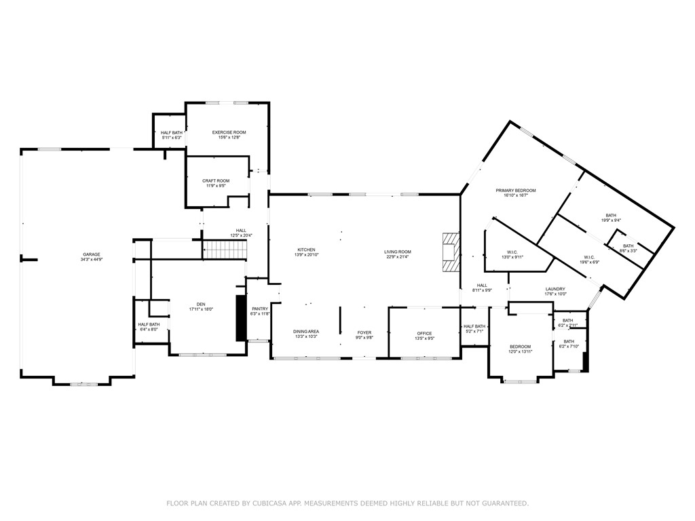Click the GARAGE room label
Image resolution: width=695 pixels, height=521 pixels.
click(x=92, y=254)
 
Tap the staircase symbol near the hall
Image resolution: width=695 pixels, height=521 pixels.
click(x=224, y=250)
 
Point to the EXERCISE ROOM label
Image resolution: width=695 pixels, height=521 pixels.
click(x=229, y=132)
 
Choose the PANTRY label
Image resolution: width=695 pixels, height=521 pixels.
click(x=260, y=309)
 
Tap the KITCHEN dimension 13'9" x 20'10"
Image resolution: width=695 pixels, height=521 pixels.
click(x=306, y=254)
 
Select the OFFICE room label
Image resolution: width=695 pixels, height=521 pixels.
click(x=425, y=333)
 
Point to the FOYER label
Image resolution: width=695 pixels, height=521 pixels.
click(x=364, y=333)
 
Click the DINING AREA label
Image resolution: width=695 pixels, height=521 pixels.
click(x=306, y=332)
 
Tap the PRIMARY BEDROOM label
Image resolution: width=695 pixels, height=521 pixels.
click(x=516, y=191)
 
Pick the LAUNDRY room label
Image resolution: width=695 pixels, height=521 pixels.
click(x=555, y=289)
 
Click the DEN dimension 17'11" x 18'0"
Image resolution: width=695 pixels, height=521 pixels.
click(x=201, y=309)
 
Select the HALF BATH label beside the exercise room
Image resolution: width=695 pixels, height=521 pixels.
click(x=172, y=133)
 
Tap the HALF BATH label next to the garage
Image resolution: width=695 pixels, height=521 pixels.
click(x=149, y=324)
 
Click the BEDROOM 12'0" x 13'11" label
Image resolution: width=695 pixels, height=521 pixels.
click(x=521, y=347)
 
